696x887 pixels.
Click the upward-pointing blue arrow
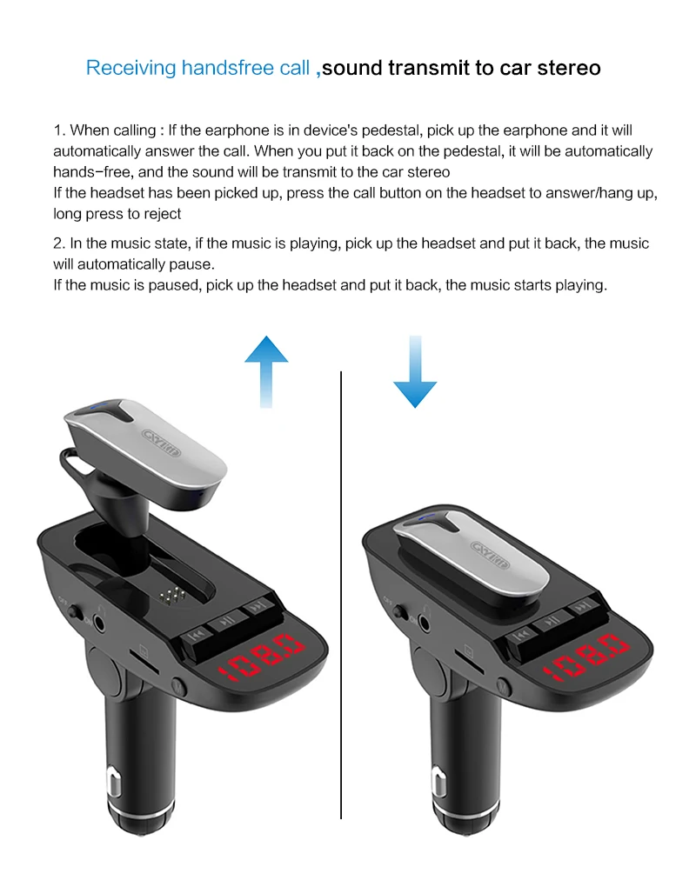(x=266, y=371)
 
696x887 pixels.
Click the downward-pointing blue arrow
(x=415, y=372)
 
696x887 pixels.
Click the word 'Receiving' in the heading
(x=130, y=68)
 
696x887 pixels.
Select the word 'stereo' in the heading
(x=570, y=68)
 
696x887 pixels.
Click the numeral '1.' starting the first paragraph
(x=59, y=130)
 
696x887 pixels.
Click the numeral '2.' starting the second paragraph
(x=59, y=243)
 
